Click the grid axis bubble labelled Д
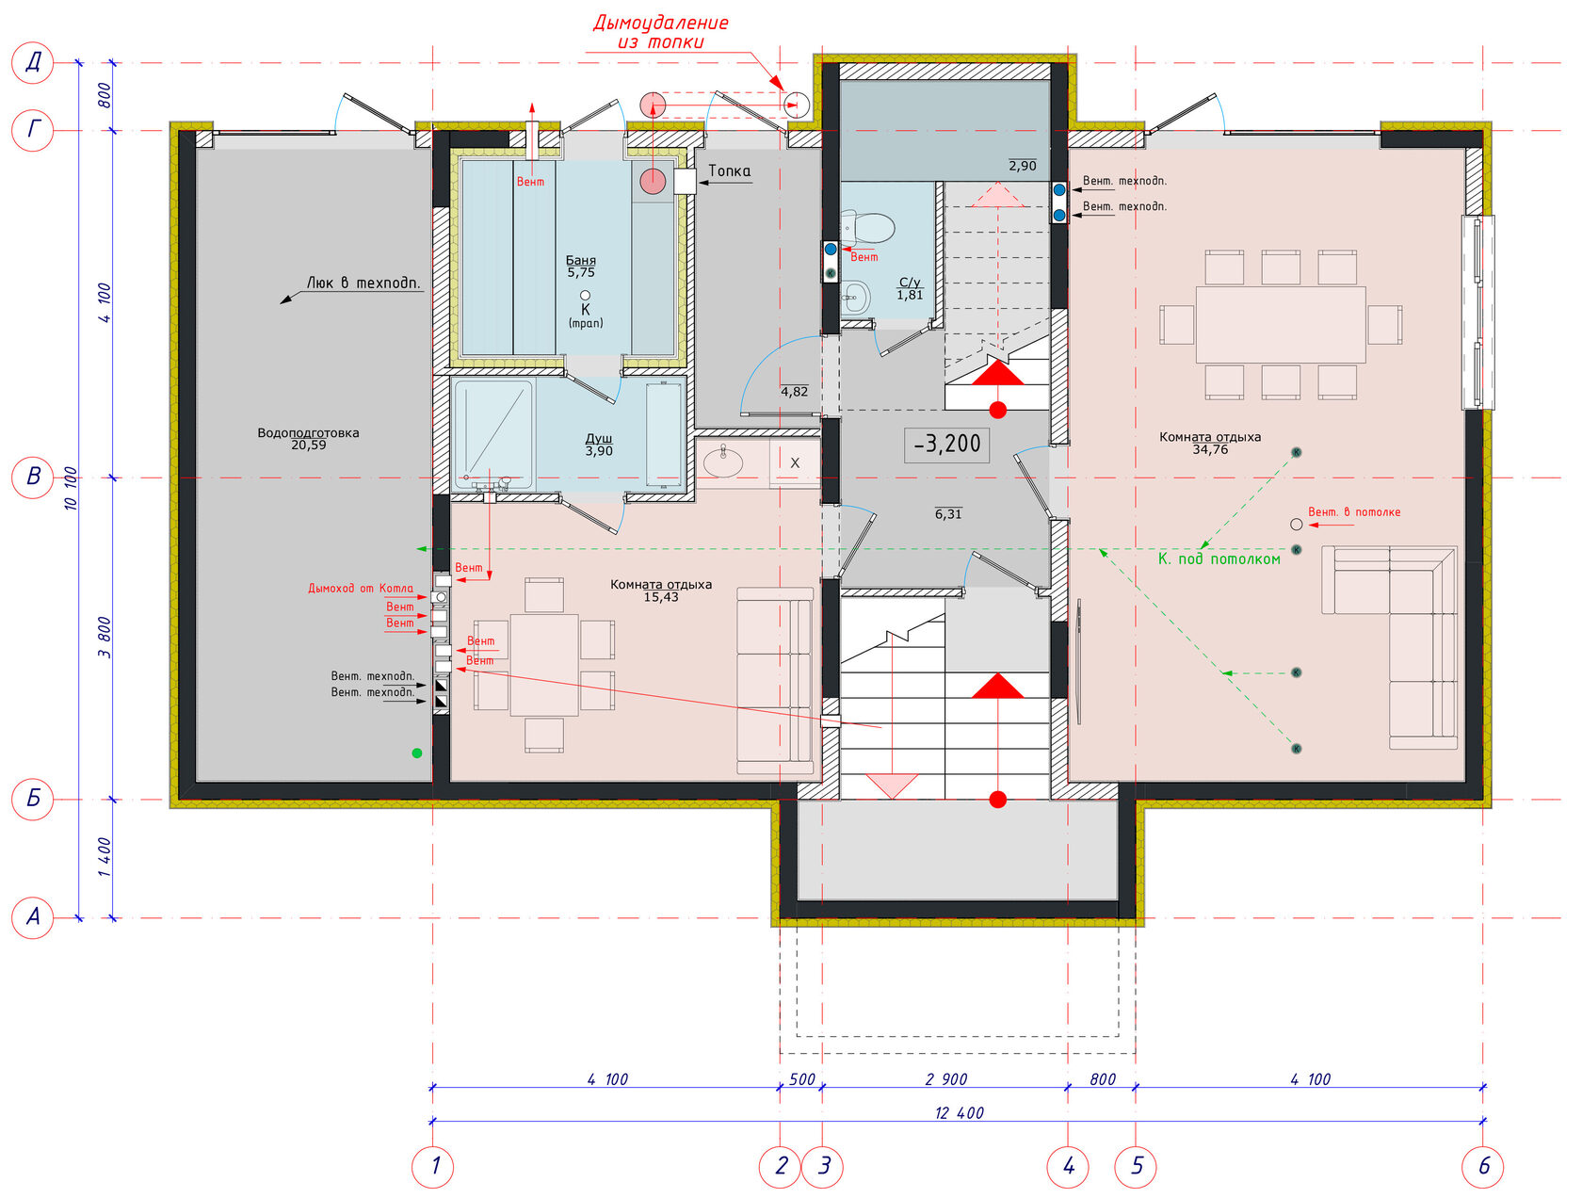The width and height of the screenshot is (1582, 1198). pos(32,63)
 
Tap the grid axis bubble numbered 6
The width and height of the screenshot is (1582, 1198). pos(1482,1166)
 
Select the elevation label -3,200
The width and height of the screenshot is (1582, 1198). pos(946,444)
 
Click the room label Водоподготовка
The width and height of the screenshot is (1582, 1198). pos(308,432)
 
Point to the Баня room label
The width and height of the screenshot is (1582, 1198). pos(580,260)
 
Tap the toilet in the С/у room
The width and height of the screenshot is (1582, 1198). pos(867,226)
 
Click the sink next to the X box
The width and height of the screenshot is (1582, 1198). pos(723,461)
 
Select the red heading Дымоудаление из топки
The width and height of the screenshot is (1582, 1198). pos(660,32)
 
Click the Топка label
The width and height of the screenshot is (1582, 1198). pos(729,170)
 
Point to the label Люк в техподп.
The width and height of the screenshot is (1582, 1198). pos(363,283)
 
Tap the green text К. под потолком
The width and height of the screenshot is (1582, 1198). pos(1219,559)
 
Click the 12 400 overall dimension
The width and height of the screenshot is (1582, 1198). pos(959,1112)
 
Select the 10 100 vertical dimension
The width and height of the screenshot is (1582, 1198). pos(71,488)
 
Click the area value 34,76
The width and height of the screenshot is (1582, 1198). pos(1209,449)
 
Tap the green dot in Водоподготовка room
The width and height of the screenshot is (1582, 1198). pos(416,753)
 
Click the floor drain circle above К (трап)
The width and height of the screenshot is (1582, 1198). pos(585,295)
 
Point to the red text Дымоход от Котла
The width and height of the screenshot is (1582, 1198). pos(361,588)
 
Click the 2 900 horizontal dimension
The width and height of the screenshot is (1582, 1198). pos(945,1079)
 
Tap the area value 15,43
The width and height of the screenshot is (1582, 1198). pos(660,597)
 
